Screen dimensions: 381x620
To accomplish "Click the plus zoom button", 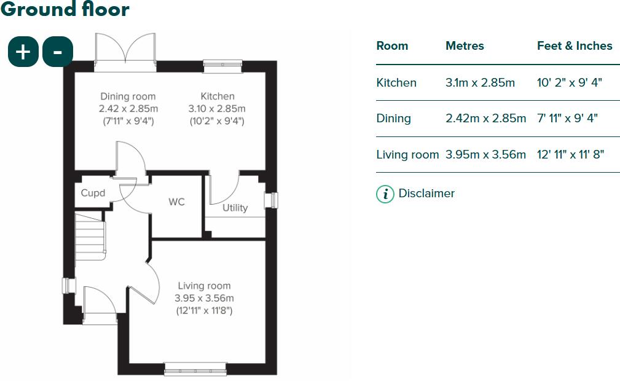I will point(23,52).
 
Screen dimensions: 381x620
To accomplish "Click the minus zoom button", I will point(58,52).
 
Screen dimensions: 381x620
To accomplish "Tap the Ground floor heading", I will point(65,9).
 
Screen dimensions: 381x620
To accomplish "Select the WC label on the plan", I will point(176,202).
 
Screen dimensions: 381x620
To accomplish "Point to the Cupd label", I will point(93,193).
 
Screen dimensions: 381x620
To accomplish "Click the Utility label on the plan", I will point(235,208).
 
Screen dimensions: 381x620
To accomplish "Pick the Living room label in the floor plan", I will point(204,286).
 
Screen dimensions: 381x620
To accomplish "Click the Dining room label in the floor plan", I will point(128,96).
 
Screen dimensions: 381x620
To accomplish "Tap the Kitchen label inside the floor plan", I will point(218,96).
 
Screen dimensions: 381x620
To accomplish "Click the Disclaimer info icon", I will point(385,194).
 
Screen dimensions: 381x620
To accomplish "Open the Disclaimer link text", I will point(426,194).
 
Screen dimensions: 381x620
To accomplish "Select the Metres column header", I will point(465,46).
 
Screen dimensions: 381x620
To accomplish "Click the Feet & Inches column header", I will point(575,46).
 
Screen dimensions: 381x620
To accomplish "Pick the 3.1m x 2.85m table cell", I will point(480,83).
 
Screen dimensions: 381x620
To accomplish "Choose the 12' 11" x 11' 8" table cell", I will point(570,155).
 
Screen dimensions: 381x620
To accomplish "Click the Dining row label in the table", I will point(394,119).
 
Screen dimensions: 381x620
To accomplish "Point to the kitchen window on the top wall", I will point(222,62).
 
